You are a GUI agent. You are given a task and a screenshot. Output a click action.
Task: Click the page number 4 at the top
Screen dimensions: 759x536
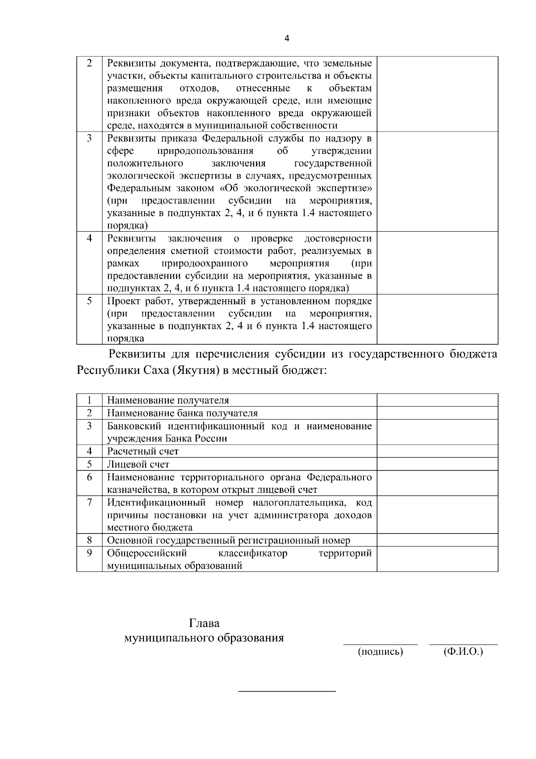point(287,38)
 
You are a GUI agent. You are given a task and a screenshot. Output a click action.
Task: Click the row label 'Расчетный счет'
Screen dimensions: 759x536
point(142,451)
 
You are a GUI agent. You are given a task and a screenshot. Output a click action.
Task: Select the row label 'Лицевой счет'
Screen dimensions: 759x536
point(138,464)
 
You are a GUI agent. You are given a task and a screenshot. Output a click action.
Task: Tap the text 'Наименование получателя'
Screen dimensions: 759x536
point(168,400)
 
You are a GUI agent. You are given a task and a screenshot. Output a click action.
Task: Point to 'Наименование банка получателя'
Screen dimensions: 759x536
point(182,413)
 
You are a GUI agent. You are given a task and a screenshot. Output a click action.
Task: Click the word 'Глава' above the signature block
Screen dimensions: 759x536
point(204,623)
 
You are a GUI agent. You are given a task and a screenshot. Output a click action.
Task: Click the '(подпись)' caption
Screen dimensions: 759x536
point(381,652)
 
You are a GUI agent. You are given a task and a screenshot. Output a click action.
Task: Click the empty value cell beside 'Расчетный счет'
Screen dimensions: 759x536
point(437,451)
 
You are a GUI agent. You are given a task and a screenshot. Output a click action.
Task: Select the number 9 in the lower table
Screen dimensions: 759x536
point(89,553)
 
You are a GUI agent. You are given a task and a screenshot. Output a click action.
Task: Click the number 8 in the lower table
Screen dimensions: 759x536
point(89,540)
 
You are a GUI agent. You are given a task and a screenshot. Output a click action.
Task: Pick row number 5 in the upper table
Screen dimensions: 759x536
point(89,301)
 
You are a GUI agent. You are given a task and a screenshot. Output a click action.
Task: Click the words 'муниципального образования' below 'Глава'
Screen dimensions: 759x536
point(204,637)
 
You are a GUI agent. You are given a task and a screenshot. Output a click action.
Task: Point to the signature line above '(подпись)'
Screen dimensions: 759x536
point(380,645)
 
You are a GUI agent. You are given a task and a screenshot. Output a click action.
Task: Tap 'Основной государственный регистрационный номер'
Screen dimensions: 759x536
point(229,540)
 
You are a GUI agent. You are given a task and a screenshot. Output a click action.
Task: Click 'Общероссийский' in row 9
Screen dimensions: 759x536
point(147,553)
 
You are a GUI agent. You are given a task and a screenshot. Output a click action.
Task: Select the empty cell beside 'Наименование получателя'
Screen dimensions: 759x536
point(437,400)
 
